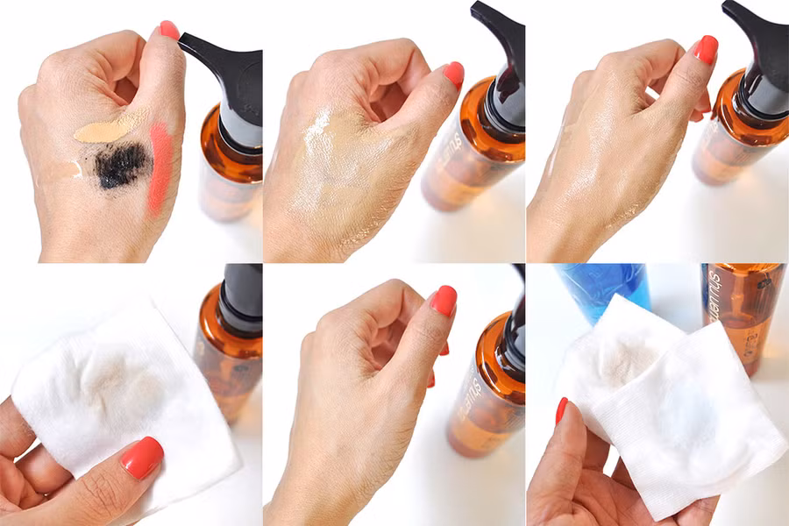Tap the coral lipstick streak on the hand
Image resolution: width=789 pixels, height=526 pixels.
(160, 167)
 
